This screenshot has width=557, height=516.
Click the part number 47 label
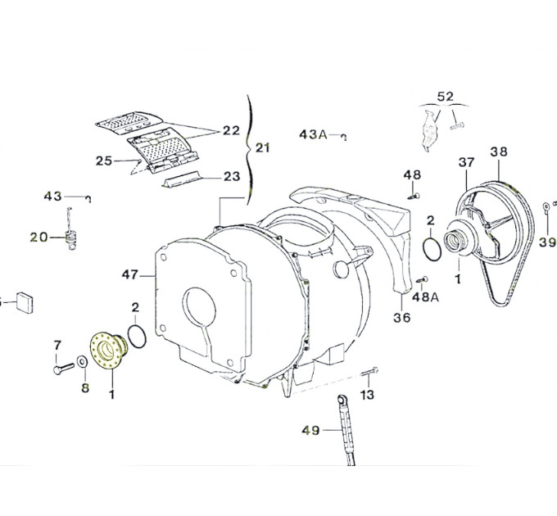click(130, 275)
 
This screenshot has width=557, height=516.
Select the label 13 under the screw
click(366, 396)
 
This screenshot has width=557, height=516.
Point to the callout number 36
click(403, 318)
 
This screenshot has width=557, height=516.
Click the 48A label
click(425, 296)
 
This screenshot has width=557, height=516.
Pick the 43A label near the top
click(313, 134)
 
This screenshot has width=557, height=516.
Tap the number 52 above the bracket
click(445, 96)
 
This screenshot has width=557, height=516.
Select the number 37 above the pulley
click(466, 162)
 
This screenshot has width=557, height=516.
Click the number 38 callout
click(500, 152)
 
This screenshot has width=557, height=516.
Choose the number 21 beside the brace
click(261, 148)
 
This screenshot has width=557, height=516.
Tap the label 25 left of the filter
click(103, 161)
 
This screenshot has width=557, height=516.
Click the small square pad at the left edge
click(25, 301)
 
